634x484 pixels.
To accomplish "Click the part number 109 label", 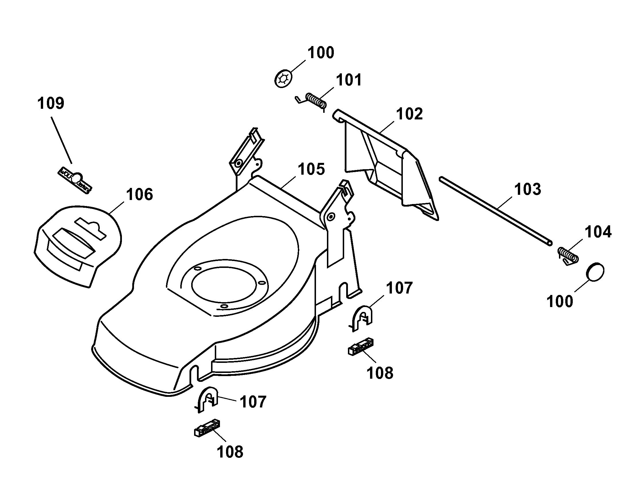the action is pos(51,103).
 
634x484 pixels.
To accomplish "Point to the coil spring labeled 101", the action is pos(312,101).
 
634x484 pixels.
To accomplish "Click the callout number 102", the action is pos(409,114).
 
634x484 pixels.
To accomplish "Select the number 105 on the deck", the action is pos(311,169).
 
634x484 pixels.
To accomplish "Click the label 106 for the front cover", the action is pos(139,195).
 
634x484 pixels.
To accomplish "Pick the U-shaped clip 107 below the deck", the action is pos(207,400).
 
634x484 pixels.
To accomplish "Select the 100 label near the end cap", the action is pos(560,302).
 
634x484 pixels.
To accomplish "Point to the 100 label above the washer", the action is pos(321,53).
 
